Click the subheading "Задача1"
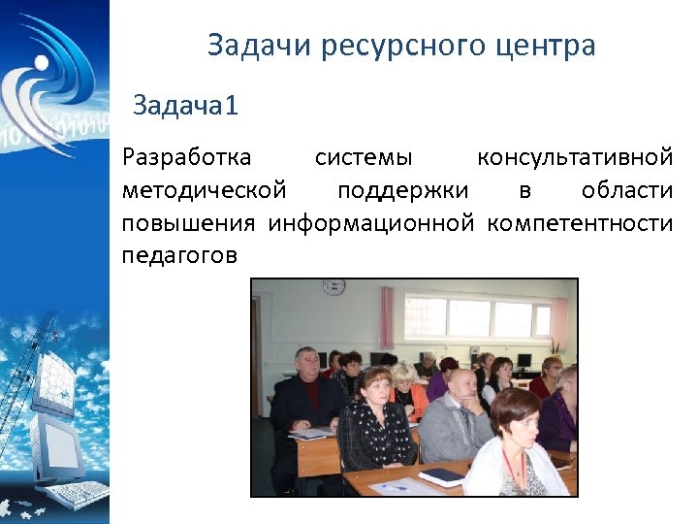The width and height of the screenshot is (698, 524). [185, 105]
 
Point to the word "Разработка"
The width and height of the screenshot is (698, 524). [186, 157]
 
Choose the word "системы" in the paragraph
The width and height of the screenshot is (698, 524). [364, 157]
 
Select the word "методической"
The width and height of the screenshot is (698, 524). [204, 190]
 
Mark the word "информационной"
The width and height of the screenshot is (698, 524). [371, 223]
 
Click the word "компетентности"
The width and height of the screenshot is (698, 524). [580, 223]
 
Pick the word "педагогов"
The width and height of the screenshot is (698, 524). [179, 256]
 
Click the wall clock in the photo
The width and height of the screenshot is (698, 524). [333, 287]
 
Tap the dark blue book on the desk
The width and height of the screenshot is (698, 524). [442, 475]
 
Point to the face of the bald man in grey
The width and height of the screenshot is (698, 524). [462, 385]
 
